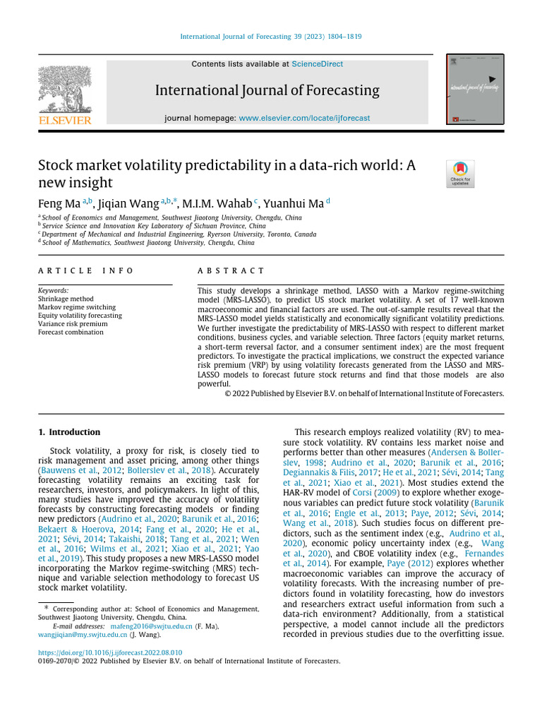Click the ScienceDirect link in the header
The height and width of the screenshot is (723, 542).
(317, 64)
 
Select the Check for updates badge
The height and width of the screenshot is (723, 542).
(460, 174)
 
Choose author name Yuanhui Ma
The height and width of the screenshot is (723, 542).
(292, 204)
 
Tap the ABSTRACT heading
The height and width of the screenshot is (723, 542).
(231, 271)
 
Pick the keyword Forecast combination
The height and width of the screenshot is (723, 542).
(71, 333)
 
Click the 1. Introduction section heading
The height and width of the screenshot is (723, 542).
(69, 432)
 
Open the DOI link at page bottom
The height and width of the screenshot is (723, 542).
(109, 653)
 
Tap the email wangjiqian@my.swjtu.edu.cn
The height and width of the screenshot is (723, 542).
(83, 635)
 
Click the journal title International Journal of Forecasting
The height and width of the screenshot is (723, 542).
(267, 91)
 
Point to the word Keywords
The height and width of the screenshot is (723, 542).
(54, 290)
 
